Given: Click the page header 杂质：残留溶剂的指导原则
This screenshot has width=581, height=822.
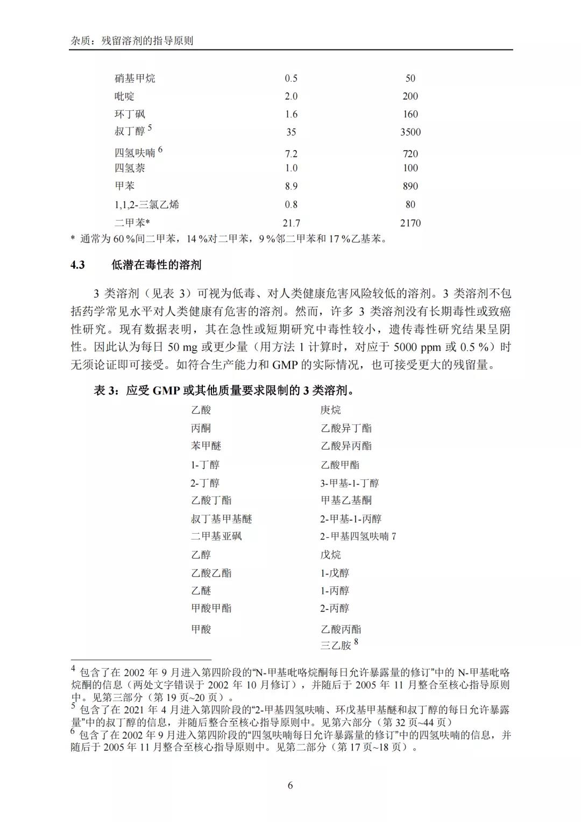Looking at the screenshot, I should (132, 40).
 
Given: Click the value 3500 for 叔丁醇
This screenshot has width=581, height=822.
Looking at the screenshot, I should (410, 132).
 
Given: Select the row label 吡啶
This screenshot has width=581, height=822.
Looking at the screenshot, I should (124, 96).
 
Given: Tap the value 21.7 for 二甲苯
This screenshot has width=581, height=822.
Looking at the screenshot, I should (291, 223).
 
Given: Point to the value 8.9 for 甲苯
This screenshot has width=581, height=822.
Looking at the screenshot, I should (291, 186).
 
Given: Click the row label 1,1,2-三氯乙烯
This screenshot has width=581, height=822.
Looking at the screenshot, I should (147, 204).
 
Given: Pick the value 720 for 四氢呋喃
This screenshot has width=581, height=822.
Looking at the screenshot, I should (410, 154).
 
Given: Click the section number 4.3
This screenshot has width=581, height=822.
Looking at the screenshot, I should (78, 265).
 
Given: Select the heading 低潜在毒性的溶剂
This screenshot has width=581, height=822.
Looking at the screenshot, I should (156, 265).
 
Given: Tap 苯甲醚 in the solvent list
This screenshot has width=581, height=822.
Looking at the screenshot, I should (206, 446).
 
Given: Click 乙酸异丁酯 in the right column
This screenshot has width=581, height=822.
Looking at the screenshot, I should (346, 428).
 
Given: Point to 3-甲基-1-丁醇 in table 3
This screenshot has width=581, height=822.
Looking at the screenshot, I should (350, 483).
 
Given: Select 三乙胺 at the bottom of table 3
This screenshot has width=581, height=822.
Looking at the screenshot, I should (336, 645).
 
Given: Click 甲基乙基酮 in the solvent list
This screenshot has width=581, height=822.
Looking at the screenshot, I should (346, 500).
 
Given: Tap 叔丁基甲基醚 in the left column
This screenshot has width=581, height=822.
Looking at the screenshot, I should (221, 519).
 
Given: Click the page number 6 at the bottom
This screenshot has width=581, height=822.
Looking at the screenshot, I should (290, 785).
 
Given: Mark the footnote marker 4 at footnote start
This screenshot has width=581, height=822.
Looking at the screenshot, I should (74, 669).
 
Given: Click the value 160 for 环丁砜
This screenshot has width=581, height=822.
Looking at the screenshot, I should (410, 114).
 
